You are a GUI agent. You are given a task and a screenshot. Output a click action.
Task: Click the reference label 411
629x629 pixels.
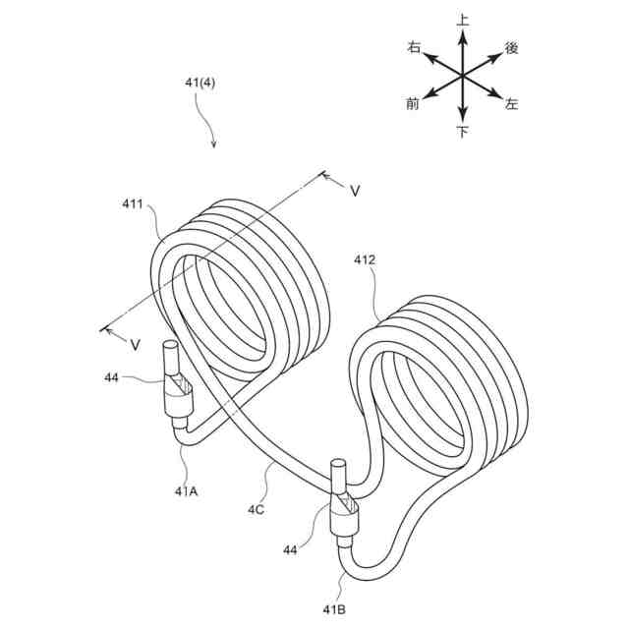132,204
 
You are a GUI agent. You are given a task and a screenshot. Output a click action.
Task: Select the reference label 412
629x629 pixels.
366,260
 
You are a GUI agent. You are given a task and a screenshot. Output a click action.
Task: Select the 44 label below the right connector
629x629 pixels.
290,550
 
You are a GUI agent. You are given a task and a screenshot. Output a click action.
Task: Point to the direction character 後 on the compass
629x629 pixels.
511,47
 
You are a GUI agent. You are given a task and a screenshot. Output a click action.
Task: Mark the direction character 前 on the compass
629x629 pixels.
413,103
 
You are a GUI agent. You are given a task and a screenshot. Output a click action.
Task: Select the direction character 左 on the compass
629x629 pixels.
511,103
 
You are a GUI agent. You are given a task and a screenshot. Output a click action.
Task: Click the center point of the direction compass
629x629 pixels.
462,75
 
